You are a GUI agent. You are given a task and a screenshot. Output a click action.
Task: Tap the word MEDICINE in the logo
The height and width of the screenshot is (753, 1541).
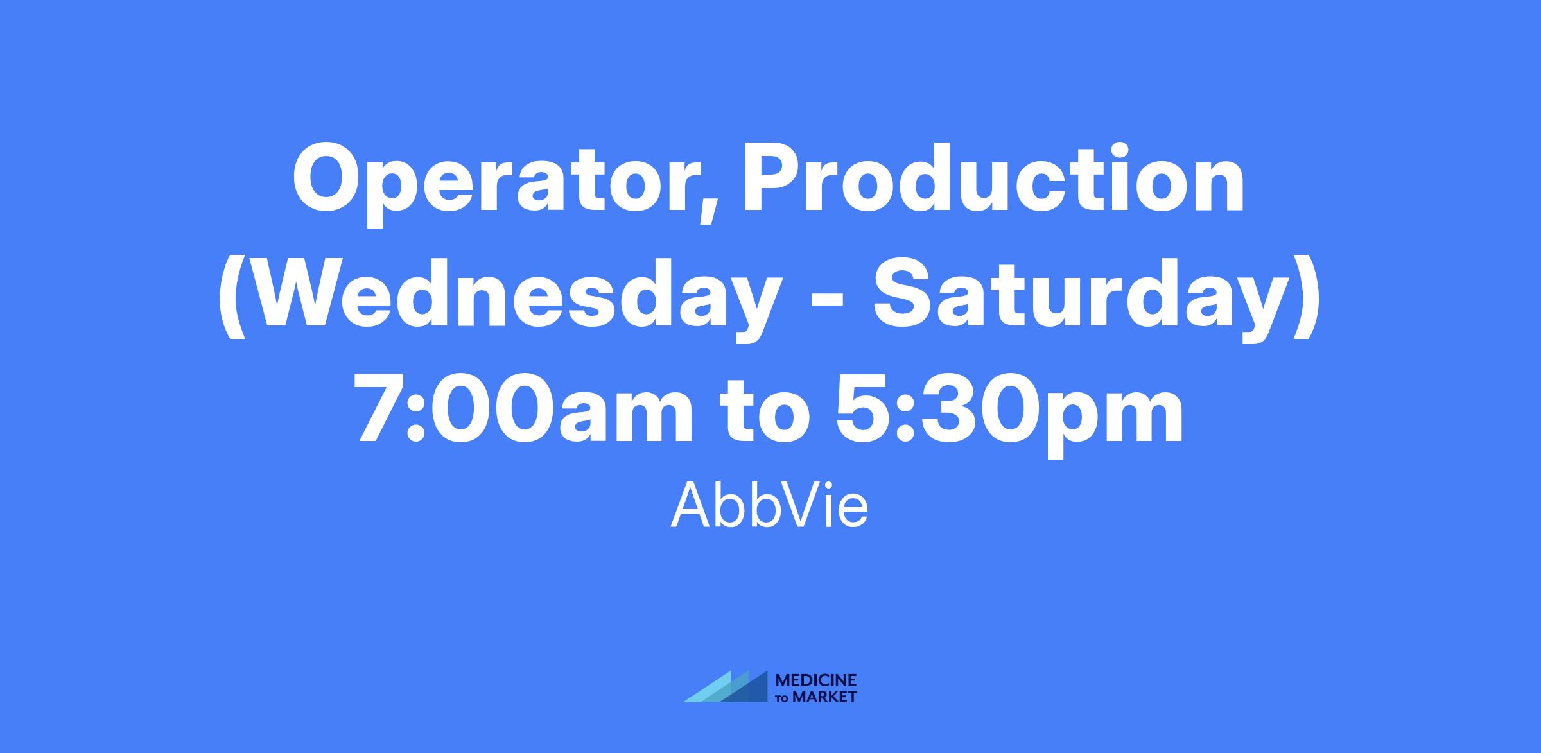[x=817, y=680]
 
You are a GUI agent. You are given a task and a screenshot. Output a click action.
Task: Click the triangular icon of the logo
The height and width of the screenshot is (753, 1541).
[x=726, y=686]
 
